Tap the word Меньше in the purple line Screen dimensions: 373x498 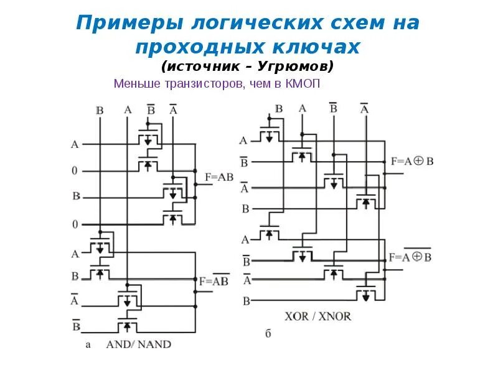[x=137, y=83]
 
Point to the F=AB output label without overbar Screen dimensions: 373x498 [x=218, y=177]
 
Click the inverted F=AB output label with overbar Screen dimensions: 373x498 [x=214, y=280]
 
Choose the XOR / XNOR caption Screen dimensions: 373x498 [x=326, y=316]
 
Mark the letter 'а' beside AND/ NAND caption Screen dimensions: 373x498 [x=90, y=344]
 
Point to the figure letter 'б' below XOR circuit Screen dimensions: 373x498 [x=268, y=334]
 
